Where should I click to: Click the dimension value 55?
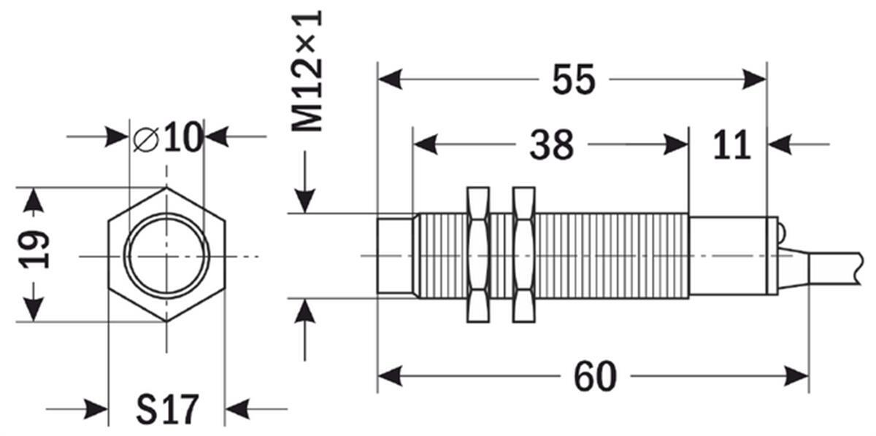[573, 79]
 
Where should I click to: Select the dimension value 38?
[551, 144]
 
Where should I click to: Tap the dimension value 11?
[732, 144]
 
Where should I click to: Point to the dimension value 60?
[595, 376]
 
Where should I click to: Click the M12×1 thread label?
[308, 71]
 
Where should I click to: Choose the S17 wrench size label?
[167, 410]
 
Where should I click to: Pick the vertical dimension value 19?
[34, 250]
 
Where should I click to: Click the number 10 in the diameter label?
[183, 137]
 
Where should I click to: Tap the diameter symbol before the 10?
[146, 139]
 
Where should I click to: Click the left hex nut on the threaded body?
[478, 254]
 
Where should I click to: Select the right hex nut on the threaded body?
[524, 254]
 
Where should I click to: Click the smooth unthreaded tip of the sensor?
[395, 257]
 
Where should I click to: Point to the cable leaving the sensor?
[821, 265]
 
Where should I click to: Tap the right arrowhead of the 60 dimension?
[796, 376]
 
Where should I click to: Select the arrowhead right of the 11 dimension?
[780, 144]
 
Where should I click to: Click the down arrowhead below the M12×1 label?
[305, 201]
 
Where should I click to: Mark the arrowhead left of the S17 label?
[96, 410]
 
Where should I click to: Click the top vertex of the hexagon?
[166, 187]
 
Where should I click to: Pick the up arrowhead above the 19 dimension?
[34, 200]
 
